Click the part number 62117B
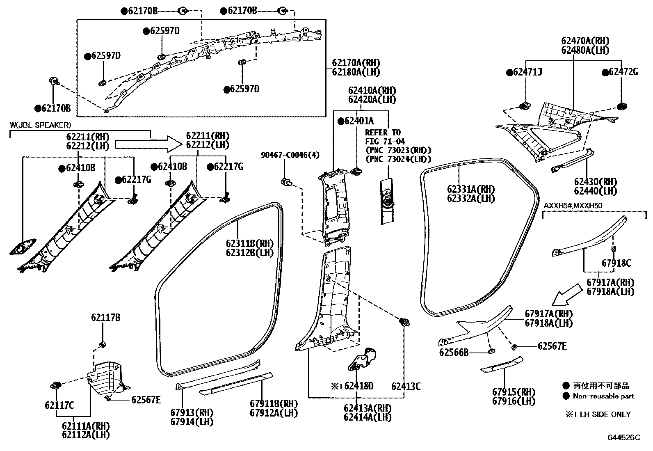pyautogui.click(x=105, y=317)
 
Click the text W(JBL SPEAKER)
pyautogui.click(x=40, y=125)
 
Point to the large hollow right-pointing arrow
pyautogui.click(x=148, y=144)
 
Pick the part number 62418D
pyautogui.click(x=358, y=386)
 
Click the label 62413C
pyautogui.click(x=406, y=386)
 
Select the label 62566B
pyautogui.click(x=454, y=352)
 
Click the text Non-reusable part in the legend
pyautogui.click(x=603, y=396)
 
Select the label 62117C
pyautogui.click(x=59, y=405)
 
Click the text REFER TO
pyautogui.click(x=383, y=133)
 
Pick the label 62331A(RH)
pyautogui.click(x=470, y=189)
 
